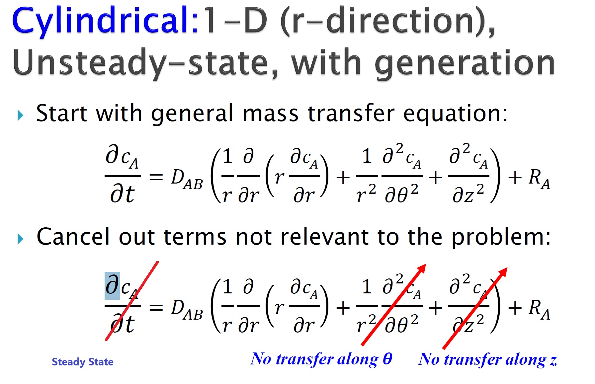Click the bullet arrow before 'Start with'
tap(21, 115)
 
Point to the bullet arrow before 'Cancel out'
tap(21, 239)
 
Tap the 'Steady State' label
tap(83, 362)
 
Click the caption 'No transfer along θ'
tap(321, 359)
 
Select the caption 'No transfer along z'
tap(487, 359)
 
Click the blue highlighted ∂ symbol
tap(113, 285)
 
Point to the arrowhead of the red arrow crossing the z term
tap(503, 271)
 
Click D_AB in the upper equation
tap(187, 179)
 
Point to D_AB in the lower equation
tap(187, 310)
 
